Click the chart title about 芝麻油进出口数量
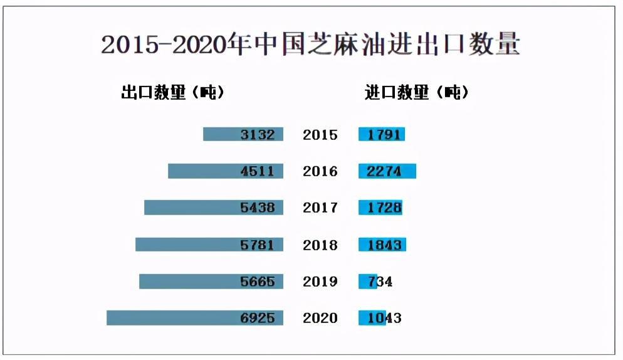[x=310, y=45]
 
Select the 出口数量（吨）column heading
[x=172, y=93]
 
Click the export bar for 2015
[x=243, y=134]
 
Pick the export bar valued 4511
[x=226, y=171]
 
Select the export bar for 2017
[x=214, y=208]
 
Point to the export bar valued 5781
[x=209, y=245]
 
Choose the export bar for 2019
[x=211, y=282]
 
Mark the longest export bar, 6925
[x=195, y=318]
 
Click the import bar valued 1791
[x=382, y=134]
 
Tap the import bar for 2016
[x=387, y=171]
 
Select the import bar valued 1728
[x=380, y=208]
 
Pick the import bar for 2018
[x=382, y=245]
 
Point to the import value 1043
[x=384, y=318]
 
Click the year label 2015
[x=320, y=135]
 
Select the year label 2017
[x=320, y=208]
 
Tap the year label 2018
[x=320, y=245]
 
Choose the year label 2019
[x=320, y=282]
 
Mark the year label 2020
[x=320, y=318]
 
